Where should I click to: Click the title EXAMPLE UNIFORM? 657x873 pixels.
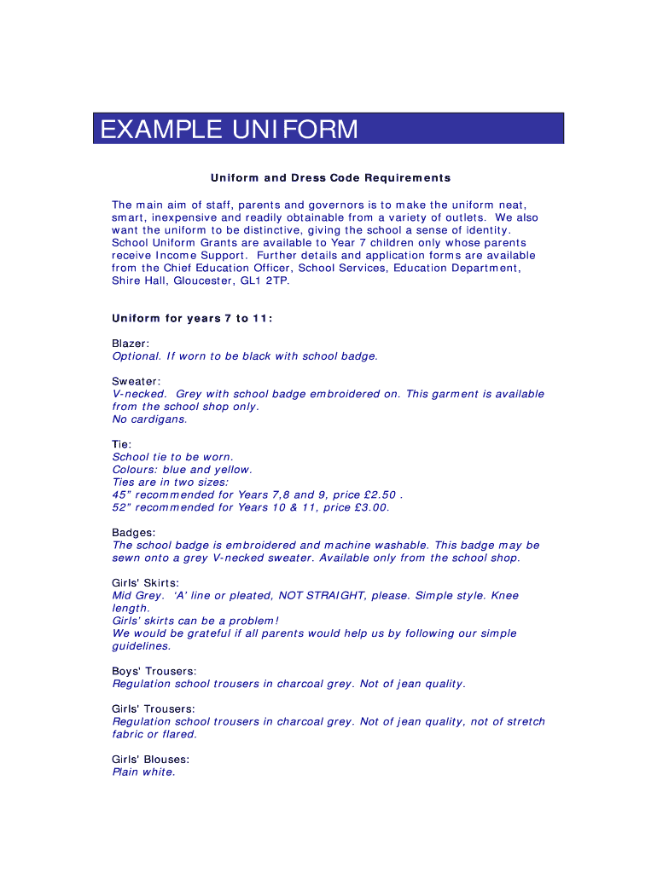230,130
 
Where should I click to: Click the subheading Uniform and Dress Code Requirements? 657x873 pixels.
330,178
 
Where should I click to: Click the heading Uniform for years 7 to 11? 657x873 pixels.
192,318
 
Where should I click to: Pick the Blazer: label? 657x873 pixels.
131,344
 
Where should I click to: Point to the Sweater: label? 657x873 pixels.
137,381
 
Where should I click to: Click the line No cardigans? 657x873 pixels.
149,419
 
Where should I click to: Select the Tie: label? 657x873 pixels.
122,444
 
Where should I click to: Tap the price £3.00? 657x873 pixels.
369,507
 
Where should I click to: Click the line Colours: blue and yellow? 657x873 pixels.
183,470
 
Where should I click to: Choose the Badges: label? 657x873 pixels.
134,533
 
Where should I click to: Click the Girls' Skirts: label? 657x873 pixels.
146,583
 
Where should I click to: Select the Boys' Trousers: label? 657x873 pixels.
154,671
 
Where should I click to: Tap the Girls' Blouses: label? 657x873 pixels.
151,760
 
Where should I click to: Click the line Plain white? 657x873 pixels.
143,772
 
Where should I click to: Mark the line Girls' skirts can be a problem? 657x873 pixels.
195,621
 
